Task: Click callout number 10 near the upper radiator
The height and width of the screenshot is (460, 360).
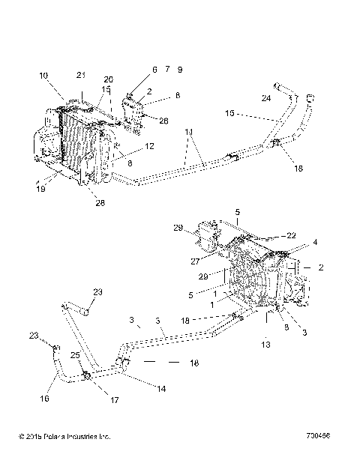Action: click(x=43, y=76)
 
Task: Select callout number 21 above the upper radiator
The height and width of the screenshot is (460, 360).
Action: click(x=82, y=74)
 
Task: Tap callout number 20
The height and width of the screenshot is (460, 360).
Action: click(x=108, y=79)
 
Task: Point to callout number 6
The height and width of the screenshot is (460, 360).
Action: click(x=154, y=69)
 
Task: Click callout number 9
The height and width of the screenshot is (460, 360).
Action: click(x=180, y=69)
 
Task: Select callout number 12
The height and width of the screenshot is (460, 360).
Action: click(x=150, y=146)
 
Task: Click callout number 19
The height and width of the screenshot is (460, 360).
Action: click(x=40, y=190)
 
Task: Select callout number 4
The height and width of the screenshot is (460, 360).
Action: click(x=315, y=242)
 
